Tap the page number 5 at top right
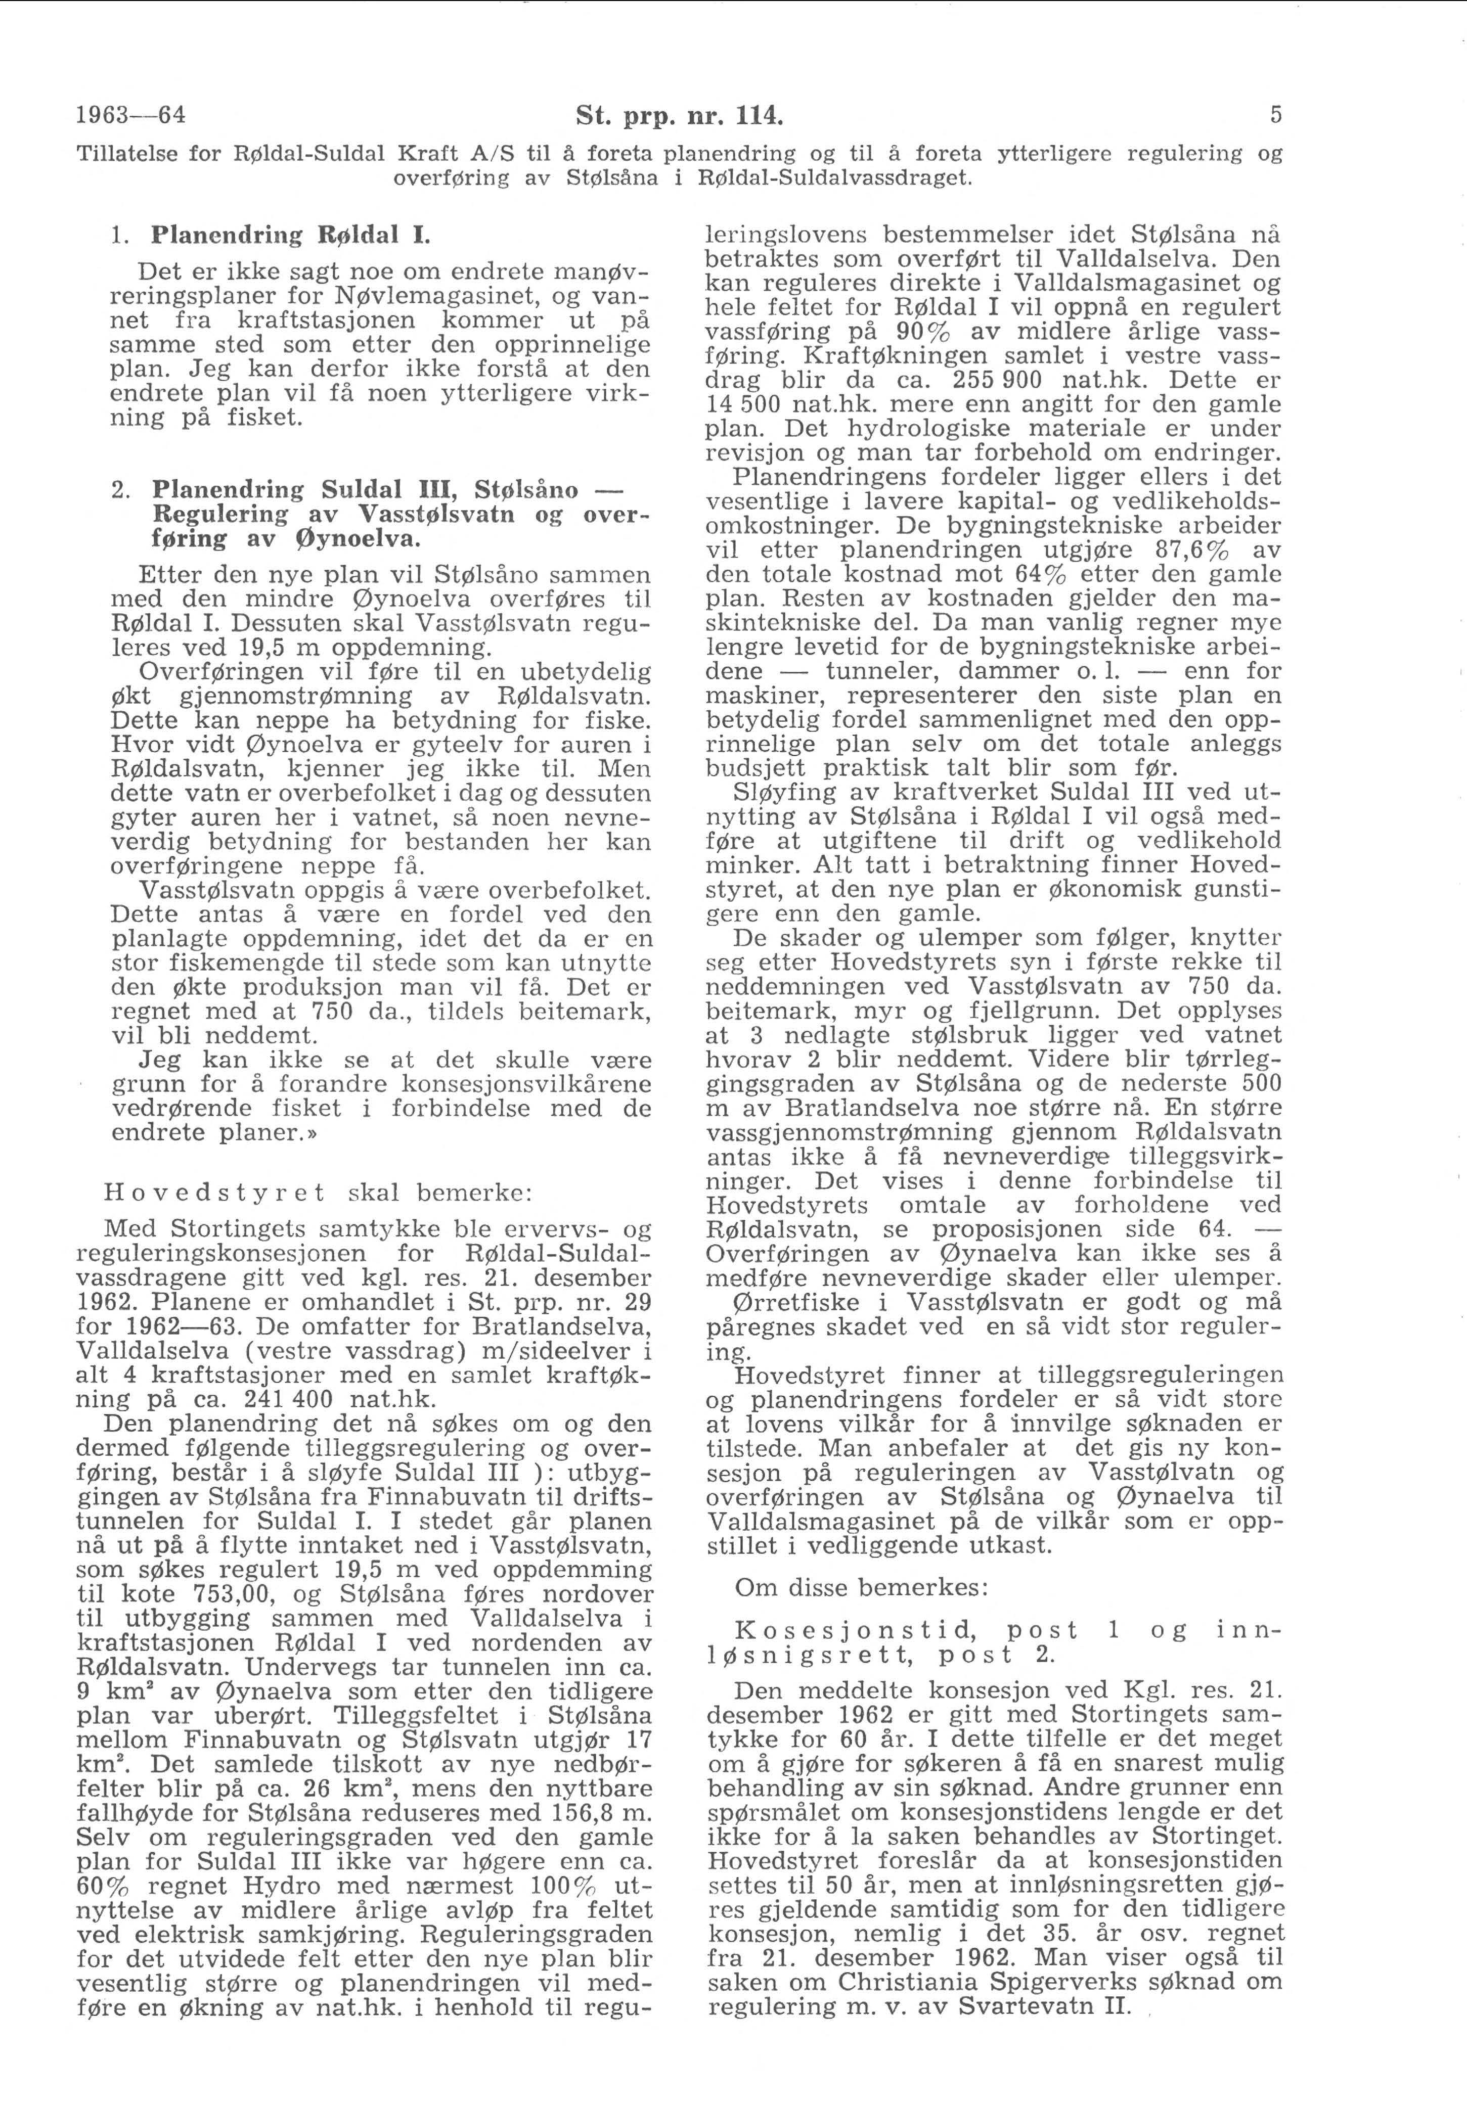tap(1276, 116)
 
